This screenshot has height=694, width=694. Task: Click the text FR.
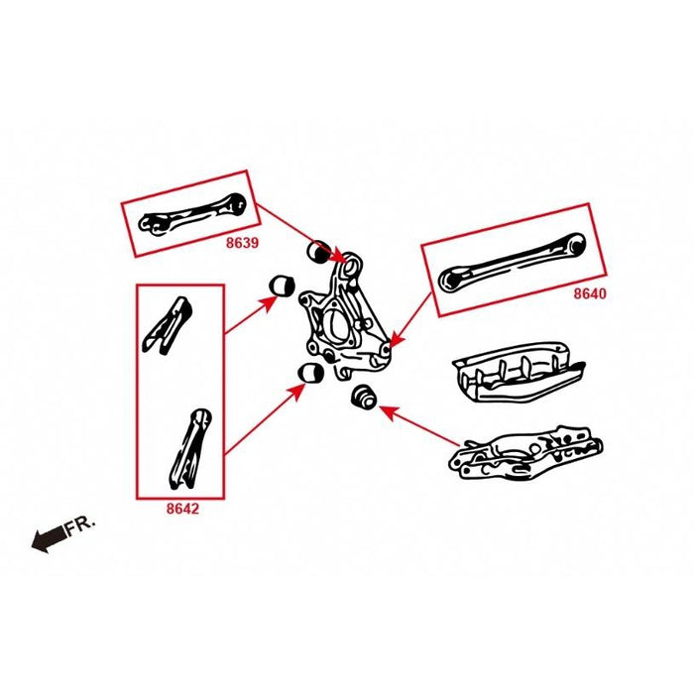click(81, 526)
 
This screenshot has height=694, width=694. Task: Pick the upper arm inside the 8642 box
click(165, 323)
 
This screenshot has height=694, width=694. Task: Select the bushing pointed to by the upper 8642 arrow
click(284, 286)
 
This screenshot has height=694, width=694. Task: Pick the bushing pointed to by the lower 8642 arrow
click(312, 374)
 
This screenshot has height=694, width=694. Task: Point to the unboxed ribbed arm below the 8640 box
click(516, 372)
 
